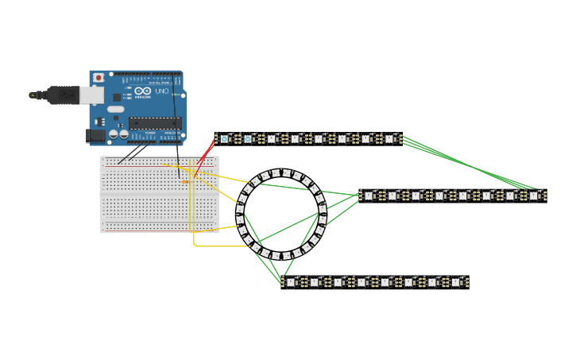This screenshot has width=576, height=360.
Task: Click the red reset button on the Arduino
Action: (x=99, y=78)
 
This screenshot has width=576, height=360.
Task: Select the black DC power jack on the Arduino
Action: (x=96, y=135)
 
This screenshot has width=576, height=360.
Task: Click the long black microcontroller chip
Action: (x=155, y=122)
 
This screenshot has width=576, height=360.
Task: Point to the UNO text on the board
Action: (x=160, y=92)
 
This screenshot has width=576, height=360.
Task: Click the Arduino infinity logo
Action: (x=143, y=91)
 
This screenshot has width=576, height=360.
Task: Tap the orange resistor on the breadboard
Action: (x=185, y=182)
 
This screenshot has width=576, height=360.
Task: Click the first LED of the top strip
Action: (x=224, y=139)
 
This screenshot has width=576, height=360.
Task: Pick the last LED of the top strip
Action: (x=389, y=139)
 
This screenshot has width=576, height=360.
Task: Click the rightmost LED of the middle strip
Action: (x=534, y=195)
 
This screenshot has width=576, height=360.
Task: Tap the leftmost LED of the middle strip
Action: (x=369, y=195)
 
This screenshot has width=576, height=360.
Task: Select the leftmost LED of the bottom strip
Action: (x=291, y=282)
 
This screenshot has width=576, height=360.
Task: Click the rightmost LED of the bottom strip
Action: (x=456, y=282)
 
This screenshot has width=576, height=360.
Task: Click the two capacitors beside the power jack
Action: (x=119, y=134)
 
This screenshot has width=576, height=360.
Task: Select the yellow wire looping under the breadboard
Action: (x=207, y=246)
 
